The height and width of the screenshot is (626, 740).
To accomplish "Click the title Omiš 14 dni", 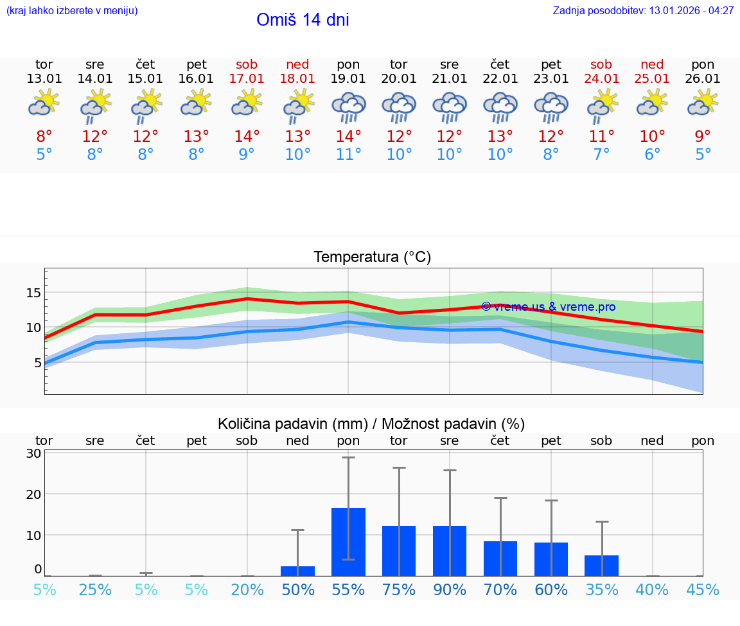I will pyautogui.click(x=303, y=20).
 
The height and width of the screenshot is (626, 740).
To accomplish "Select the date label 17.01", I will pyautogui.click(x=247, y=79).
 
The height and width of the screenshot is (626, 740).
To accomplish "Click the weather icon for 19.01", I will pyautogui.click(x=348, y=107).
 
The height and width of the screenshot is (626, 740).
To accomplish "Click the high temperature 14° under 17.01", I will pyautogui.click(x=247, y=137).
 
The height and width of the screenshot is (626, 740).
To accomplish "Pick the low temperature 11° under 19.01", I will pyautogui.click(x=348, y=155).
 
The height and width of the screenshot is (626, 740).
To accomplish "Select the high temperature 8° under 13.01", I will pyautogui.click(x=44, y=137).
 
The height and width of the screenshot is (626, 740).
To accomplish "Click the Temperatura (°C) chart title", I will pyautogui.click(x=372, y=257).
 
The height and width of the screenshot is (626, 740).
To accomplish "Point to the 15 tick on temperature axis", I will pyautogui.click(x=33, y=293).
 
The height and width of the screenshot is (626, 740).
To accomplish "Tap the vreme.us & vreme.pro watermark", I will pyautogui.click(x=548, y=307).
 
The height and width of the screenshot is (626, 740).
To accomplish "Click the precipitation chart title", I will pyautogui.click(x=371, y=424).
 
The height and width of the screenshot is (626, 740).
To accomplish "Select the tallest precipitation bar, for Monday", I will pyautogui.click(x=348, y=542).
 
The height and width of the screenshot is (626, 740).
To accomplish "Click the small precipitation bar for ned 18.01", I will pyautogui.click(x=297, y=571).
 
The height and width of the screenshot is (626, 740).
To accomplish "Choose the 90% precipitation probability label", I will pyautogui.click(x=450, y=590).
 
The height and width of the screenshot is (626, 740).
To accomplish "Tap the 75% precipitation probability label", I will pyautogui.click(x=399, y=590).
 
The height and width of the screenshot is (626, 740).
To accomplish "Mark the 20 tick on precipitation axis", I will pyautogui.click(x=34, y=494).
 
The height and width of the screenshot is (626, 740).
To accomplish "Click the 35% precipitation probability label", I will pyautogui.click(x=602, y=590).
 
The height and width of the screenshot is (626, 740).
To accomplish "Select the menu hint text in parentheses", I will pyautogui.click(x=72, y=11).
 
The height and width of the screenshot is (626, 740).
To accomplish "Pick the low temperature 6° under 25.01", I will pyautogui.click(x=652, y=155).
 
